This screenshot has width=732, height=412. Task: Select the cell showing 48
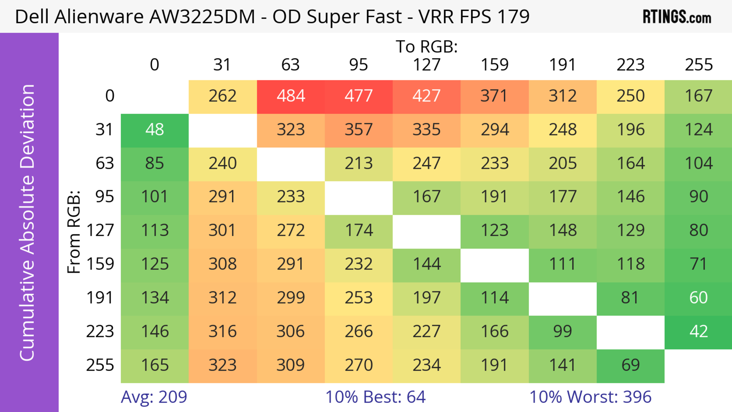pos(155,130)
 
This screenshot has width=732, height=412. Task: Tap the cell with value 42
pos(698,332)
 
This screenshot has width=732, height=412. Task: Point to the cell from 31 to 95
pos(359,130)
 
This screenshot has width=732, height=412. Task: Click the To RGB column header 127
pos(427,65)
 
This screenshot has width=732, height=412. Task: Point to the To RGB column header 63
pos(290,65)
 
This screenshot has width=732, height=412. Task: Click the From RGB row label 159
pos(100,264)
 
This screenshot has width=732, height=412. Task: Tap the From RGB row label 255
pos(100,365)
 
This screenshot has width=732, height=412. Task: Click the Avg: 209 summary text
pos(154,397)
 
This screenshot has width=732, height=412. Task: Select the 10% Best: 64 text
pos(375,397)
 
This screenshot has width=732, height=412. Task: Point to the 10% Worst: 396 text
pos(590,397)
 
